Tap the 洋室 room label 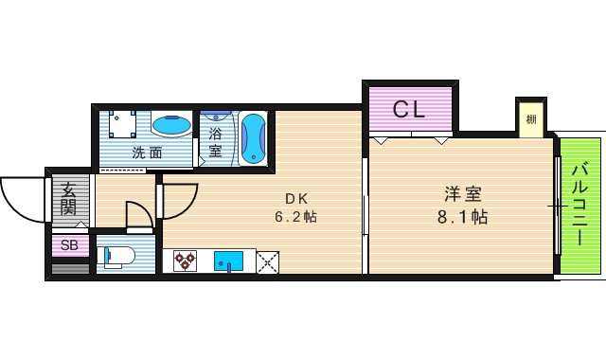tap(464, 195)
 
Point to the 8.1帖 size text tap(464, 217)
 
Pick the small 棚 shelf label tap(531, 118)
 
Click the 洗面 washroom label tap(146, 152)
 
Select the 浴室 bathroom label tap(216, 142)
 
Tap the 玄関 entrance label tap(68, 199)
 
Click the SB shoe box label tap(69, 245)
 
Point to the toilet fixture tap(117, 257)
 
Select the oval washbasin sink tap(173, 125)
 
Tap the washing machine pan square tap(124, 125)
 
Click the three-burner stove tap(184, 260)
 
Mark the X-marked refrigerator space tap(268, 260)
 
